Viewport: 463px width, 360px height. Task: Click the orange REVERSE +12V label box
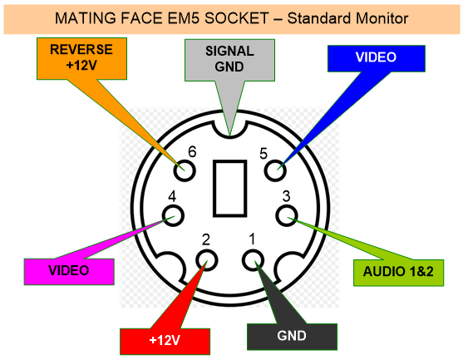tap(81, 58)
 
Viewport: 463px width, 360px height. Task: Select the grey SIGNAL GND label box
tap(229, 60)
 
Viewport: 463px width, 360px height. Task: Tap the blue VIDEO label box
tap(377, 58)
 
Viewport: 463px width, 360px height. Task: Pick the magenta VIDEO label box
tap(69, 272)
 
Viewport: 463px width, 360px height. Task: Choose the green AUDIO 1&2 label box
tap(399, 273)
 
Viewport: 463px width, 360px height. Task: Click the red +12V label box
tap(165, 342)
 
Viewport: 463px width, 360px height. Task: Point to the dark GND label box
tap(292, 337)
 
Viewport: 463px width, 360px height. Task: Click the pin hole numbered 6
tap(185, 170)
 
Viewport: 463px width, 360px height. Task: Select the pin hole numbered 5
tap(275, 170)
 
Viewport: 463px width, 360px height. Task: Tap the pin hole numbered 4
tap(173, 215)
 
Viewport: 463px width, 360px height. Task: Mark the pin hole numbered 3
tap(287, 215)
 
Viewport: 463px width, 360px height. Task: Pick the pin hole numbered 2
tap(207, 260)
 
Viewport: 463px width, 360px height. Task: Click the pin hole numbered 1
tap(253, 260)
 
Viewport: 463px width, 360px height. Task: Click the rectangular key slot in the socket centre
tap(230, 189)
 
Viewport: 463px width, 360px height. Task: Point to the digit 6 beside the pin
tap(192, 152)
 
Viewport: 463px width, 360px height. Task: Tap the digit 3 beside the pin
tap(286, 196)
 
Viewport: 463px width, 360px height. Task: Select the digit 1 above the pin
tap(252, 239)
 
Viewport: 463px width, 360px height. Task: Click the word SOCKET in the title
tap(236, 18)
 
